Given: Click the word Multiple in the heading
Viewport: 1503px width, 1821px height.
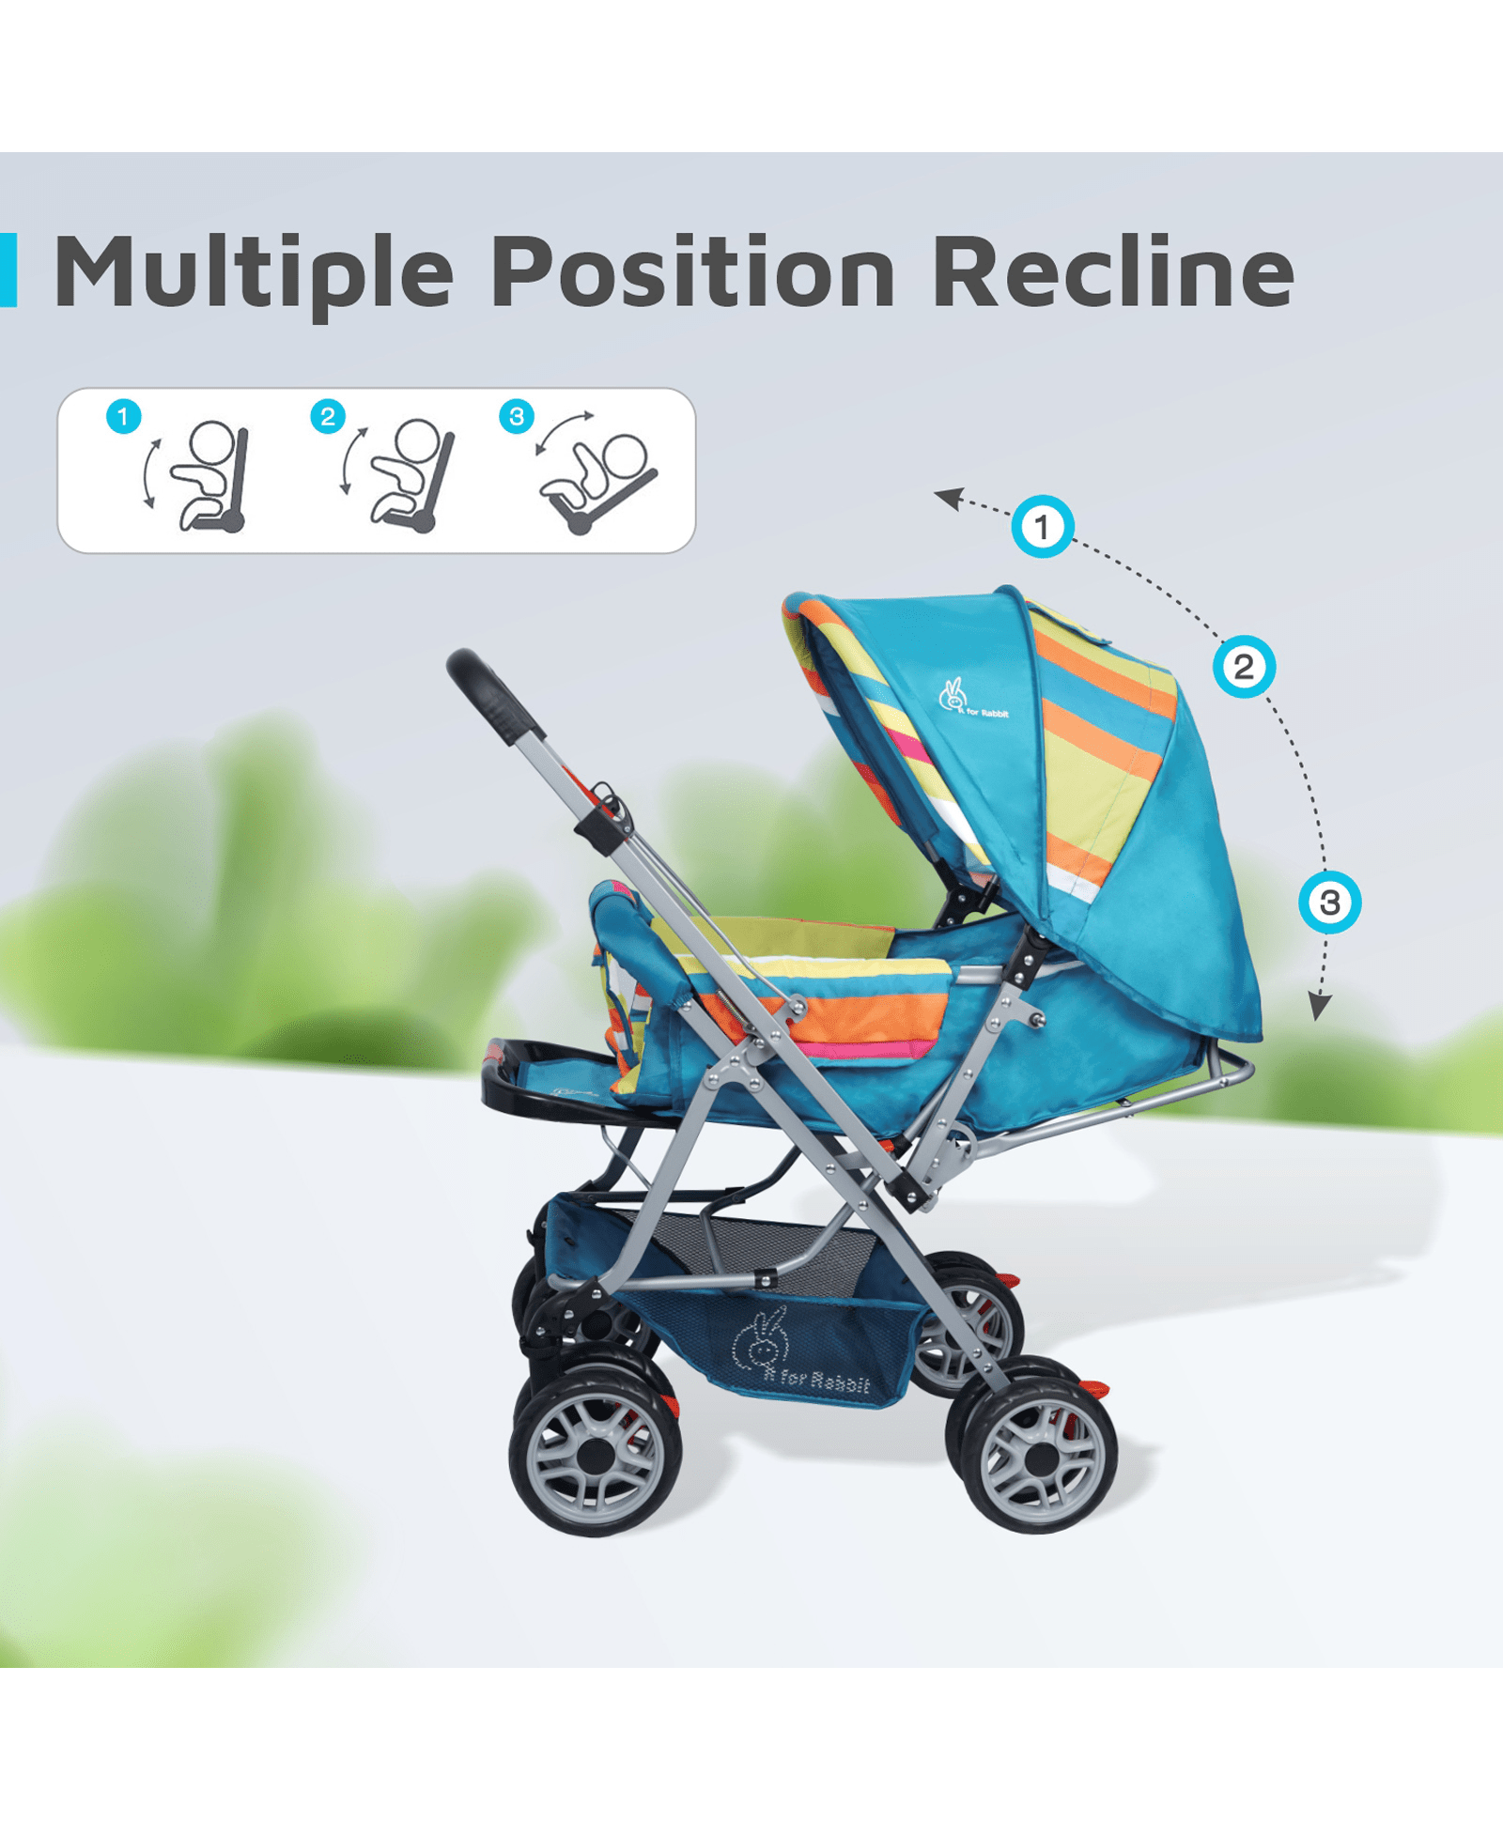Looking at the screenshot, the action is tap(255, 272).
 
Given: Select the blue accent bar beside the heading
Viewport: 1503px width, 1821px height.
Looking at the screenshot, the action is tap(8, 270).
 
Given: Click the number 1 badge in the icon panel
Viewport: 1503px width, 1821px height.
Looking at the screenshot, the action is tap(123, 416).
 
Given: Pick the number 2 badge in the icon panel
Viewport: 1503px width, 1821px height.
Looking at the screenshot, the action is tap(328, 416).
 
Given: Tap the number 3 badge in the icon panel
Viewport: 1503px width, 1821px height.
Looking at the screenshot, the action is tap(517, 416).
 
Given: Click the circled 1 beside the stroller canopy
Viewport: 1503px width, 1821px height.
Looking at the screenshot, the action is tap(1042, 527).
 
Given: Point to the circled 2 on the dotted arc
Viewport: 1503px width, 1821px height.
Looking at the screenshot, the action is tap(1244, 668).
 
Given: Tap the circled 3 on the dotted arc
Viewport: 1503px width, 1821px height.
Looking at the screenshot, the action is tap(1329, 903).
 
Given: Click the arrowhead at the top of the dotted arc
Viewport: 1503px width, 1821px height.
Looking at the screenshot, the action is tap(949, 498).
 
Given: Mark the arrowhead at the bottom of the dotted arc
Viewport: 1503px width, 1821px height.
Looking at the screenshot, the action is tap(1320, 1006).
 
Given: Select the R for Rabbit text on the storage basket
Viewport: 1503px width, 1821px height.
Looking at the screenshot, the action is tap(815, 1380).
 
